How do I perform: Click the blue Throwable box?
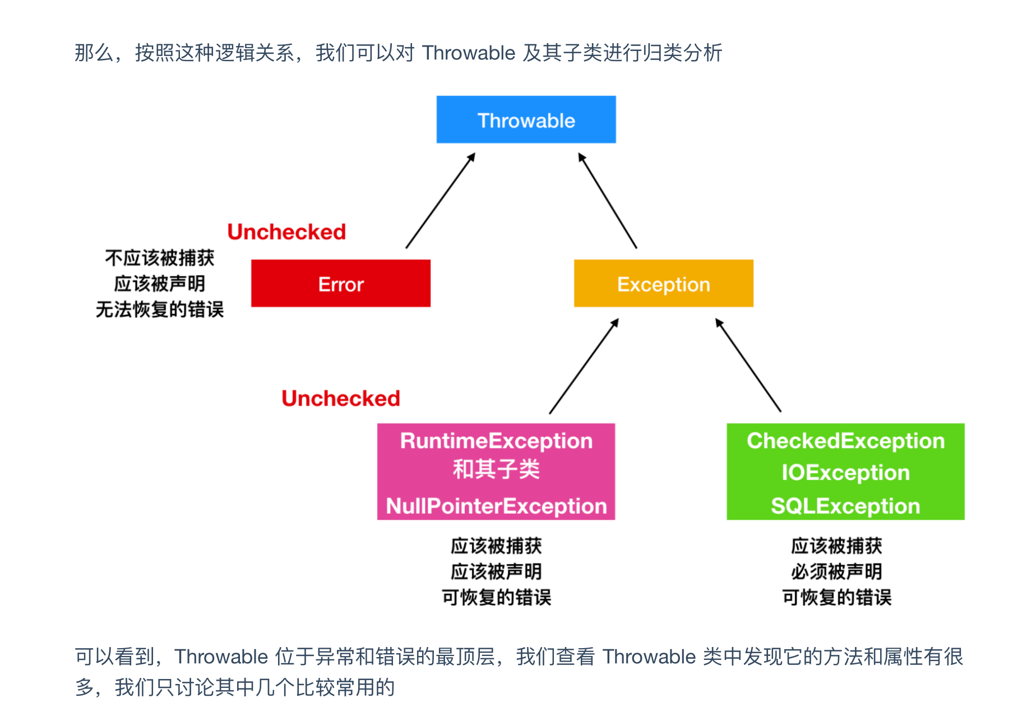tap(526, 120)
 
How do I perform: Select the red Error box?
tap(341, 284)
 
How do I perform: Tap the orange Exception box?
tap(663, 284)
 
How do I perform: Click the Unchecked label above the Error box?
tap(286, 232)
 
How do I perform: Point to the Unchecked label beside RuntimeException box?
tap(341, 399)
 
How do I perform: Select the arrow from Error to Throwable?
tap(441, 200)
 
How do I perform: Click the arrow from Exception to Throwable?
tap(607, 200)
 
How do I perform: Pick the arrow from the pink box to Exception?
tap(584, 366)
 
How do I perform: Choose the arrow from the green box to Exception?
tap(748, 366)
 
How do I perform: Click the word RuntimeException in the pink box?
tap(496, 441)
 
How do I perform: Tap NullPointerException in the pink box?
tap(496, 506)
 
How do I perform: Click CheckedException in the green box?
tap(845, 441)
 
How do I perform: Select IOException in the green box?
tap(845, 473)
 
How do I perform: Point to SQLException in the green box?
tap(845, 506)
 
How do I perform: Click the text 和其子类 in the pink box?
tap(496, 469)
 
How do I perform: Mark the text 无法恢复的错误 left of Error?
tap(160, 309)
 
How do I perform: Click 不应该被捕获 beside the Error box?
tap(160, 258)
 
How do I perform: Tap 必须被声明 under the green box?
tap(836, 572)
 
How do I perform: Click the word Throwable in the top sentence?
tap(468, 53)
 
